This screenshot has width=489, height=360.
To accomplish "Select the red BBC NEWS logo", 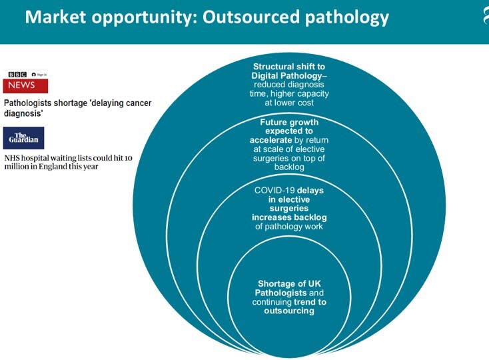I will (x=25, y=85).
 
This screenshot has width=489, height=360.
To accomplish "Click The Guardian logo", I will (x=24, y=138).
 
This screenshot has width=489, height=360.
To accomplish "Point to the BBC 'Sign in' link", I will (x=39, y=74).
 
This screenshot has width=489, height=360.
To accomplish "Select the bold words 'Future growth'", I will (x=289, y=123).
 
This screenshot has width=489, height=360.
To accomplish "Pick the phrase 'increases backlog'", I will (x=289, y=218).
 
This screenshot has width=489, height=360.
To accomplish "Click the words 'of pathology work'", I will (x=289, y=227).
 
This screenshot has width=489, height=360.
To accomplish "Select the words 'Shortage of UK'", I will (x=289, y=284).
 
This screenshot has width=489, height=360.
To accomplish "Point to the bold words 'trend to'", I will (x=309, y=302).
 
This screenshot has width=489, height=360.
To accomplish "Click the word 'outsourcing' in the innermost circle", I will (x=289, y=311).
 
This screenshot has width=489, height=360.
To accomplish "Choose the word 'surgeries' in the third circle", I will (x=289, y=209).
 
